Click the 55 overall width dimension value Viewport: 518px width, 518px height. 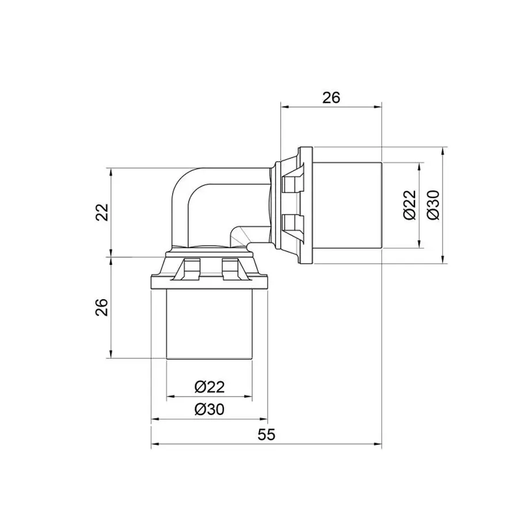click(266, 435)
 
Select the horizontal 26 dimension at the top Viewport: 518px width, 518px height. click(330, 98)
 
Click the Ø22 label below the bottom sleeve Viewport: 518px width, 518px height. click(210, 387)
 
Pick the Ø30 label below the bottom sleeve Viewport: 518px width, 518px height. click(210, 409)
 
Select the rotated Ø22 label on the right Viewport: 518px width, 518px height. click(410, 205)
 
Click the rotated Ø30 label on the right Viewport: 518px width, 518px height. click(433, 205)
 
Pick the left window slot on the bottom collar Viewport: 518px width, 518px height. click(191, 267)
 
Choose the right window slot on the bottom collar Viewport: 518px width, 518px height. click(230, 267)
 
